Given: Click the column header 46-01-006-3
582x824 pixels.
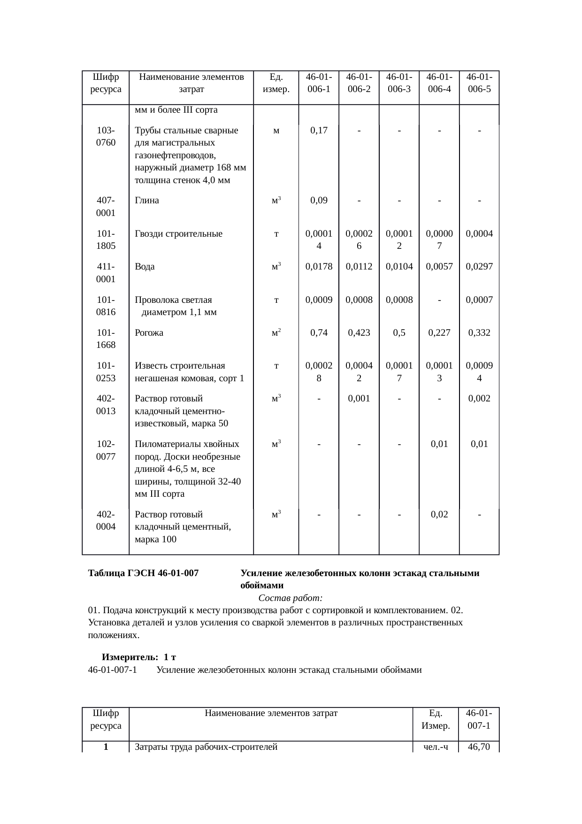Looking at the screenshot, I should click(x=399, y=83).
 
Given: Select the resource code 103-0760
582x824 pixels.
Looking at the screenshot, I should click(x=106, y=136).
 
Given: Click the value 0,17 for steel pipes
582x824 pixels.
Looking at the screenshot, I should click(x=319, y=130).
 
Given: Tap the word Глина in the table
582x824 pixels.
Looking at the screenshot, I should click(x=147, y=200).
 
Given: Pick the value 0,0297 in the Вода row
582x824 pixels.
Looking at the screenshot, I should click(x=479, y=267).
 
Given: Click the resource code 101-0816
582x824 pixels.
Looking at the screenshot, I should click(x=106, y=306).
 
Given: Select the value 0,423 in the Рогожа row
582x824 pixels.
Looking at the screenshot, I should click(x=359, y=333).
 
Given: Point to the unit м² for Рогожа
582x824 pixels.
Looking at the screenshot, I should click(x=276, y=333).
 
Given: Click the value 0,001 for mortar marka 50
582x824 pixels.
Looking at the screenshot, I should click(x=359, y=399).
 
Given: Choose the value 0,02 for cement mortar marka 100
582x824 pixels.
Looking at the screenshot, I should click(x=439, y=514).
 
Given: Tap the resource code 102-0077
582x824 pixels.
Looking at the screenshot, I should click(x=106, y=450).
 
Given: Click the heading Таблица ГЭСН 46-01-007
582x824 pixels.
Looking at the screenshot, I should click(x=143, y=573).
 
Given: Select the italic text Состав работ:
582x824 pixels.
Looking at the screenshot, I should click(x=290, y=598).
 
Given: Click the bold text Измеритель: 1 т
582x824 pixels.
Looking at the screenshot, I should click(x=139, y=657).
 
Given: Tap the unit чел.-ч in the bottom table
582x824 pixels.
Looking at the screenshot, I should click(x=436, y=747).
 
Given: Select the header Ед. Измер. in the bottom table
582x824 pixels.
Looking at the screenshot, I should click(x=436, y=719).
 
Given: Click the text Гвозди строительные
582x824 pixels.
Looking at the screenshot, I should click(x=178, y=234).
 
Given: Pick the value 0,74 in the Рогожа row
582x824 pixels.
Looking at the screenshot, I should click(x=319, y=333).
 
